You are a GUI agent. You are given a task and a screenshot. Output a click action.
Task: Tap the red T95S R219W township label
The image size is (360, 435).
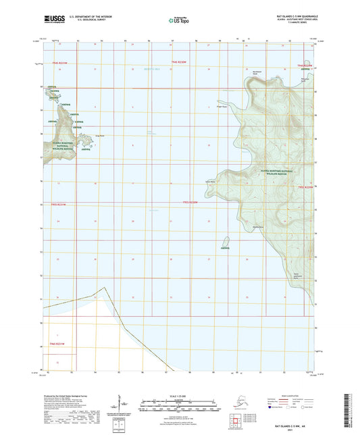click(306, 187)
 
